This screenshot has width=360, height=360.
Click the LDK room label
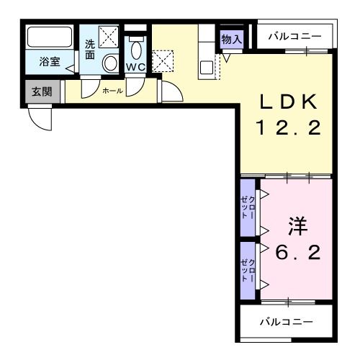(287, 104)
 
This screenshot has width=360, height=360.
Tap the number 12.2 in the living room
(287, 130)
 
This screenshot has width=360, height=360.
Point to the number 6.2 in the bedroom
(297, 253)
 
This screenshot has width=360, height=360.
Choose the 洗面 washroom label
(90, 49)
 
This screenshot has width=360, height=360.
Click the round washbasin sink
(110, 63)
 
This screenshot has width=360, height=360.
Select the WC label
(136, 67)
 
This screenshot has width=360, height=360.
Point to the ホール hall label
(112, 91)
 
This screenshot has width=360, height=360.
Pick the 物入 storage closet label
(231, 38)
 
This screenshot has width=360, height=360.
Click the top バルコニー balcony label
(296, 35)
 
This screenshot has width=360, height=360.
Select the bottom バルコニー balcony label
(286, 321)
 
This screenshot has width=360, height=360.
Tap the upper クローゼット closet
(248, 207)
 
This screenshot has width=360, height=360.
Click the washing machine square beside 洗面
(109, 36)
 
